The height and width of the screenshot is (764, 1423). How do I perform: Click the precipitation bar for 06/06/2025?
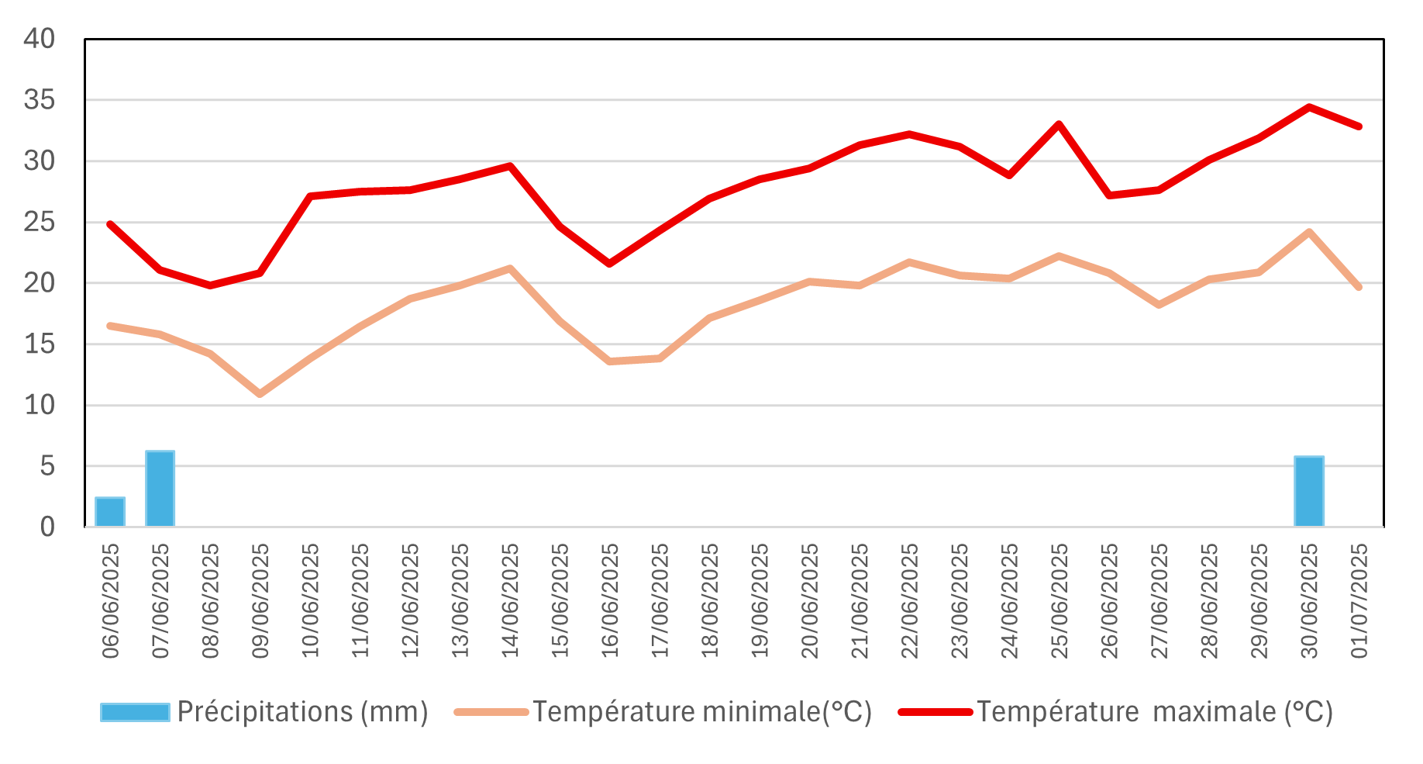click(110, 512)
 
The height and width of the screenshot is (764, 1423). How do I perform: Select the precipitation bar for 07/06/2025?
click(160, 489)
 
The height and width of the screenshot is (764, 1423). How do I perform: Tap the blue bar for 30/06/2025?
click(1309, 492)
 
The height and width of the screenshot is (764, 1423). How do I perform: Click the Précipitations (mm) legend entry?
click(264, 712)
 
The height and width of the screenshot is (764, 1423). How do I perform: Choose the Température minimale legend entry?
click(663, 712)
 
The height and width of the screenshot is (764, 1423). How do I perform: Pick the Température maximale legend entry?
click(1116, 712)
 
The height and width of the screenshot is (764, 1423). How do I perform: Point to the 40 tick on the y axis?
click(40, 39)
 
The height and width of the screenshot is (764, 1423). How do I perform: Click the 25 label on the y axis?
click(40, 223)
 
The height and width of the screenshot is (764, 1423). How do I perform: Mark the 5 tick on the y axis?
click(47, 466)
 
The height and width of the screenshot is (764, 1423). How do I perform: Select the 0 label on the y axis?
click(47, 527)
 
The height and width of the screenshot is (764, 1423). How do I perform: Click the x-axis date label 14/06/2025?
click(509, 600)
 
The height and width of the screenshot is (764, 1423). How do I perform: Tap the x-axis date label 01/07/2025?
click(1359, 600)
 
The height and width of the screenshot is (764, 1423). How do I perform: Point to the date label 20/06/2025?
click(809, 600)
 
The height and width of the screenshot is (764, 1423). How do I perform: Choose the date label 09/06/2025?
click(260, 600)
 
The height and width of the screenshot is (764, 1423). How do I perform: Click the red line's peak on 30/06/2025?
click(1309, 107)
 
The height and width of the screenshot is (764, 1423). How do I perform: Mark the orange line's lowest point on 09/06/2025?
click(260, 394)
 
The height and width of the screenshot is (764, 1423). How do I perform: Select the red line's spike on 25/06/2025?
click(1059, 124)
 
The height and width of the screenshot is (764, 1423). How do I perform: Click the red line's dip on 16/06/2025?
click(609, 264)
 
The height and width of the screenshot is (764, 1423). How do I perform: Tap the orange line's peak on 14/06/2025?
click(509, 268)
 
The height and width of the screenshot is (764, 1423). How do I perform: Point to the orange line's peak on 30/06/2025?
click(1309, 232)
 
